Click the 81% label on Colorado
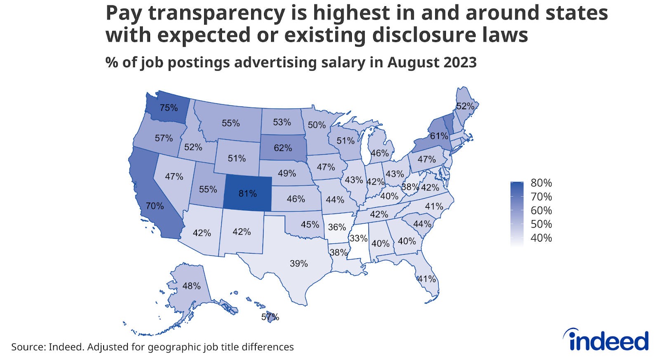tap(247, 193)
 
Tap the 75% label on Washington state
tap(169, 108)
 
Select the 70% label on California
tap(155, 206)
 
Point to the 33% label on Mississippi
tap(358, 238)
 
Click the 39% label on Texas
tap(299, 264)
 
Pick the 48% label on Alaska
tap(191, 286)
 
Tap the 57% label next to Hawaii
tap(270, 317)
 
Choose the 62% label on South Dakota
tap(283, 148)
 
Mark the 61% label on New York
tap(439, 136)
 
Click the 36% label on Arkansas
tap(337, 227)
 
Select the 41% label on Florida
tap(427, 279)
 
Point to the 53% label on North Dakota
tap(282, 122)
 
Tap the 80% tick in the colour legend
tap(541, 183)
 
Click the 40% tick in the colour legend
tap(541, 238)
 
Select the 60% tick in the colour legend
tap(541, 210)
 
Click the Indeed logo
tap(606, 341)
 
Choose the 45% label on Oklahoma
tap(310, 224)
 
